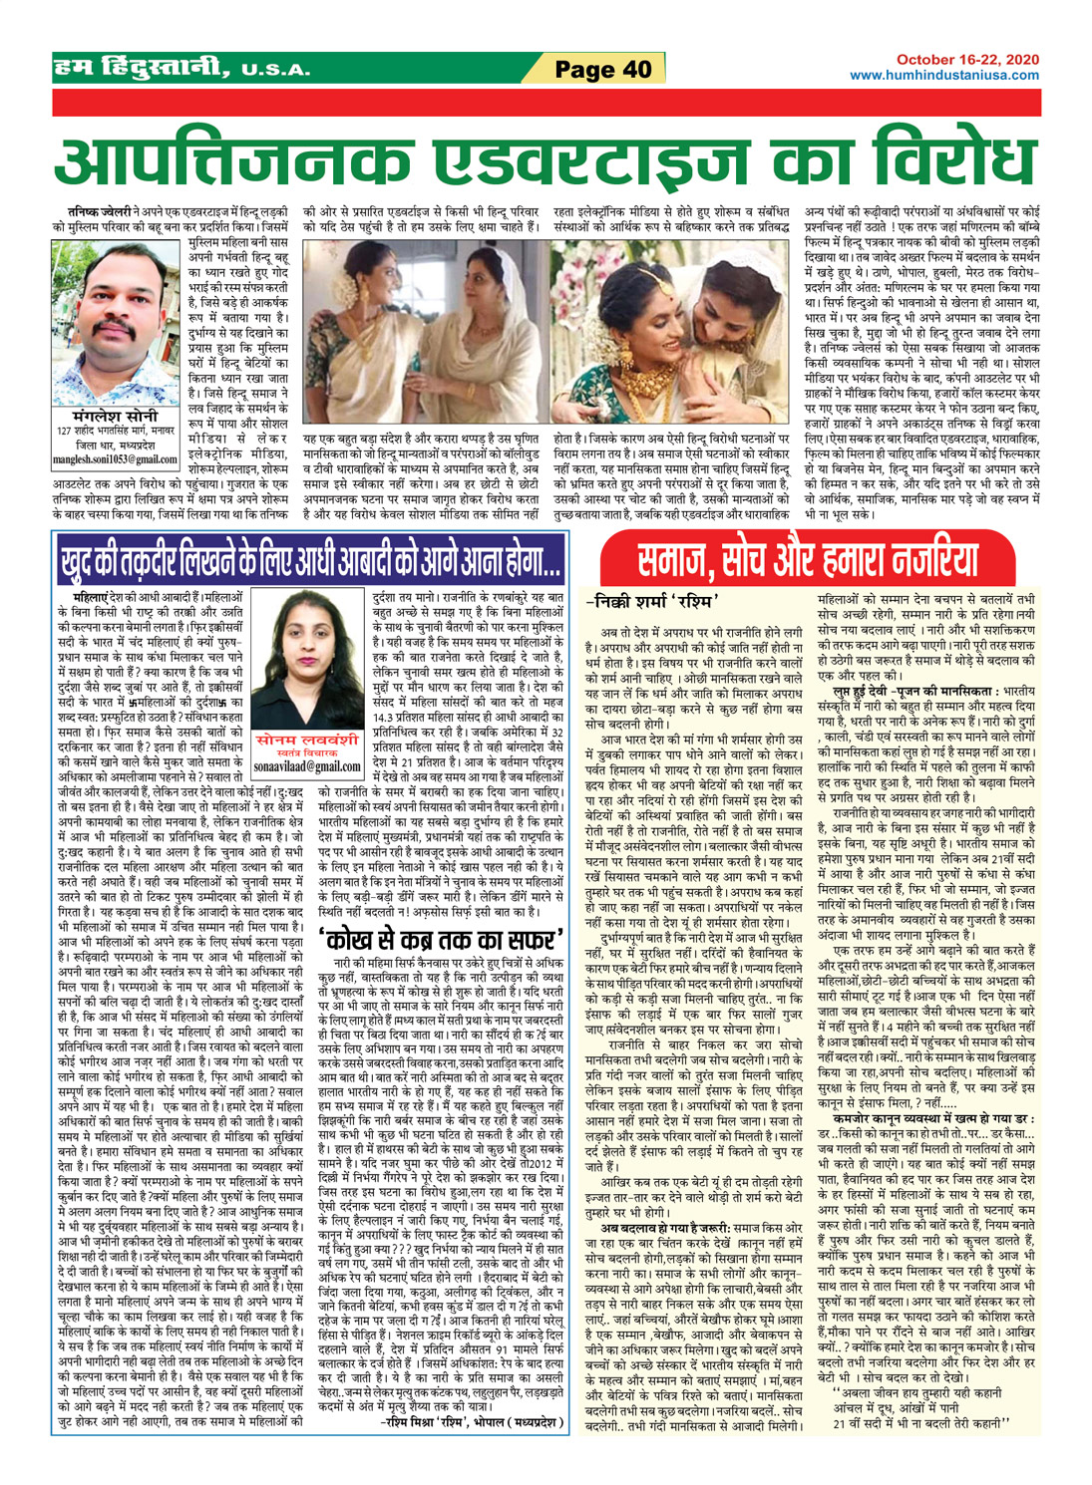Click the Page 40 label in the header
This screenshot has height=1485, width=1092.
603,69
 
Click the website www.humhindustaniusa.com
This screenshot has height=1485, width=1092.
943,75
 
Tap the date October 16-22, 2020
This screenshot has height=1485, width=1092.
966,60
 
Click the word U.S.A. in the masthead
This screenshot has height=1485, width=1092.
274,71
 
